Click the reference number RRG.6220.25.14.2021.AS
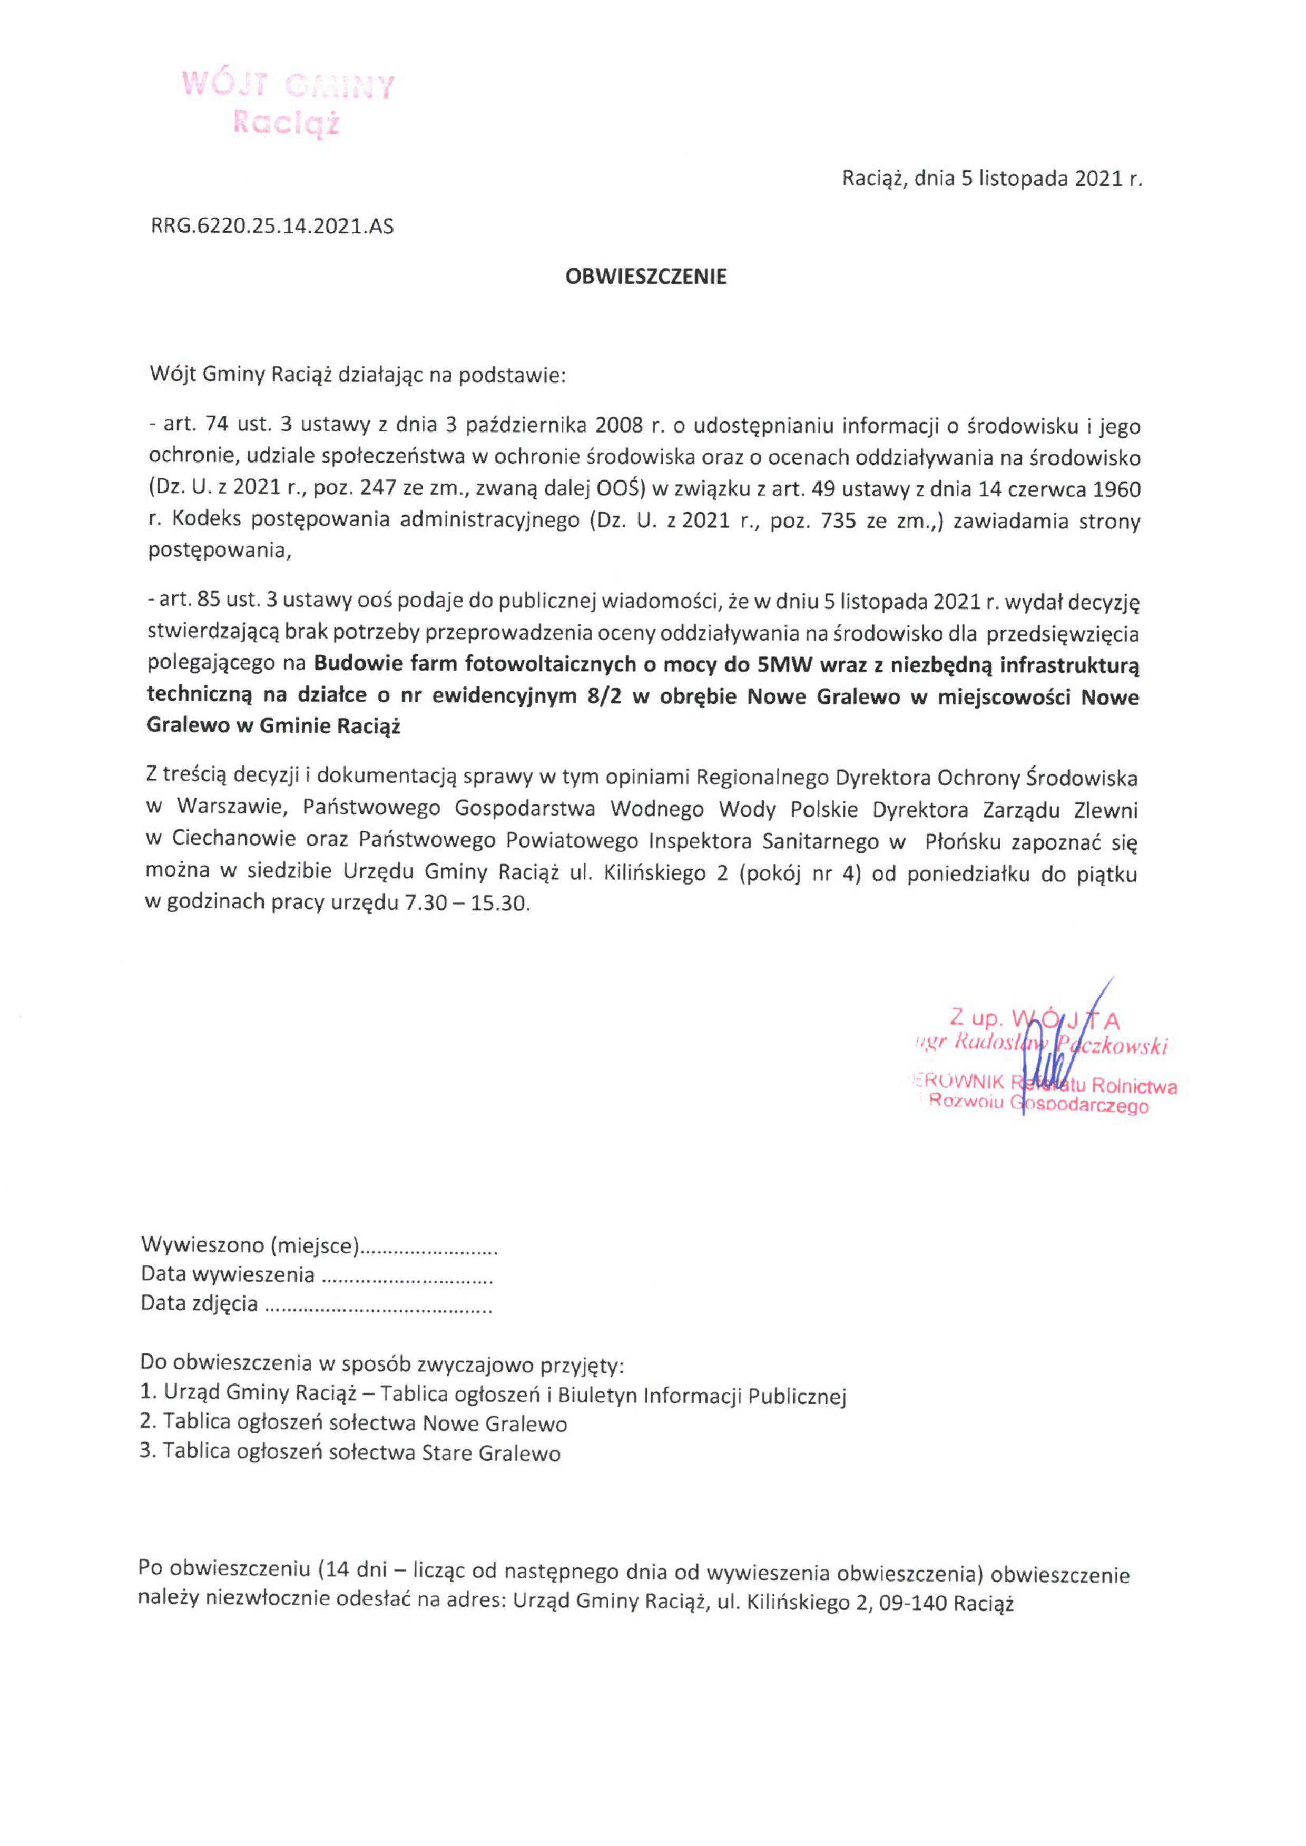pyautogui.click(x=272, y=227)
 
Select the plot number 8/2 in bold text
pyautogui.click(x=605, y=696)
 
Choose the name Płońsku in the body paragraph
pyautogui.click(x=963, y=842)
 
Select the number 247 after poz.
pyautogui.click(x=378, y=489)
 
